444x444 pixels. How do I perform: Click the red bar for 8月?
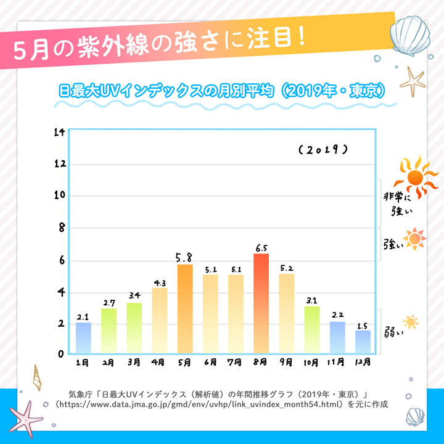click(x=261, y=303)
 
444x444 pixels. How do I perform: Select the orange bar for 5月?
click(x=185, y=309)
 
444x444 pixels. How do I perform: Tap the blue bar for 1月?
click(x=83, y=338)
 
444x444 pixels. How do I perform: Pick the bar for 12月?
click(x=363, y=342)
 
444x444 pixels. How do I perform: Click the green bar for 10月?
click(x=312, y=330)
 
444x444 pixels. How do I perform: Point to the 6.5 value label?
click(x=261, y=248)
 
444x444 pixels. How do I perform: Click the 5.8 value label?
click(x=185, y=257)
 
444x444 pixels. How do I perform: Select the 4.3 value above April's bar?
click(x=160, y=283)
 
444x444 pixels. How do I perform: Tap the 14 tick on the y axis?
click(x=60, y=133)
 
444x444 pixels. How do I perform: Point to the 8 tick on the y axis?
click(x=60, y=228)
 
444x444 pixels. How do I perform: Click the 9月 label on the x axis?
click(x=286, y=363)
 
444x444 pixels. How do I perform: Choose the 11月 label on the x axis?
click(x=337, y=363)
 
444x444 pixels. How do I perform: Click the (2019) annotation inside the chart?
click(x=323, y=150)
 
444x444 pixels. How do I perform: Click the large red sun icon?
click(x=414, y=176)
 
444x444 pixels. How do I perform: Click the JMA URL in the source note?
click(x=199, y=405)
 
